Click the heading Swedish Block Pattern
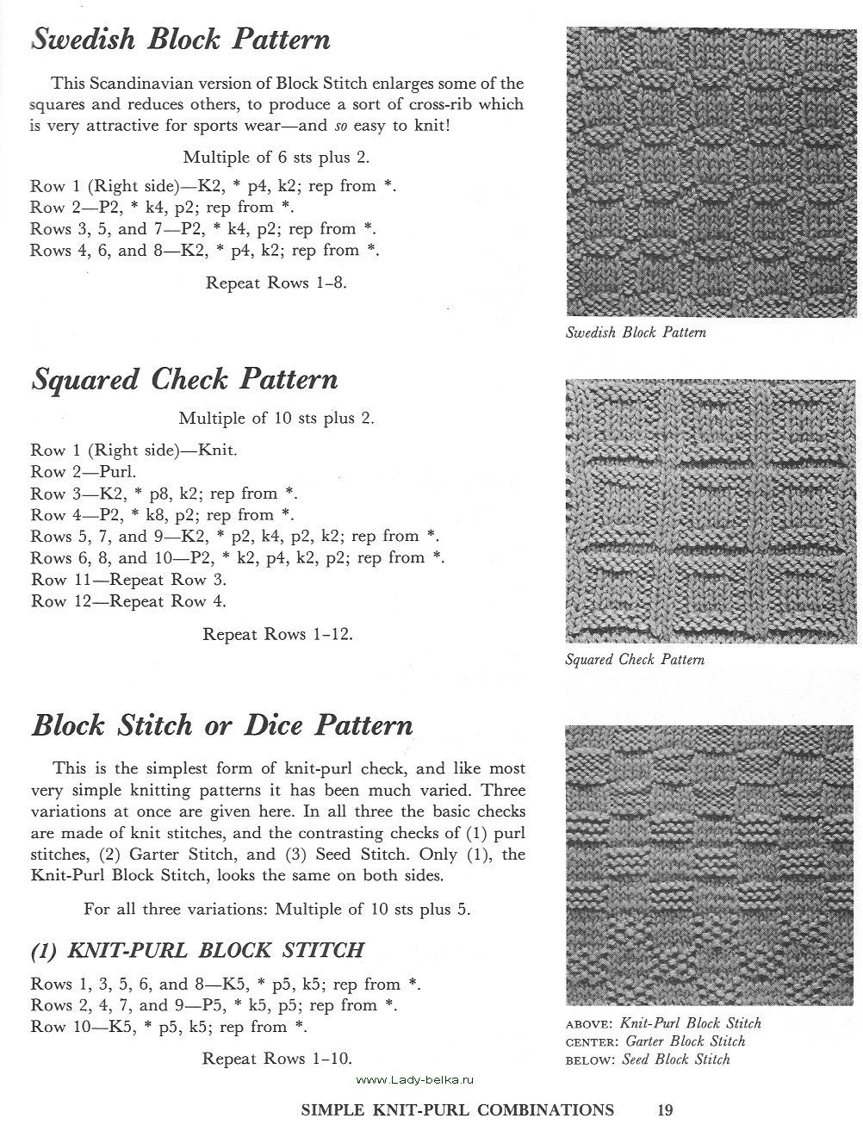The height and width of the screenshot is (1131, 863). point(181,40)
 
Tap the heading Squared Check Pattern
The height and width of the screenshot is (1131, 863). point(184,380)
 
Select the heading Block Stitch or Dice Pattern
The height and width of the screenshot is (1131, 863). point(222,725)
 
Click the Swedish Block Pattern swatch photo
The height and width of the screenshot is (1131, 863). point(711,171)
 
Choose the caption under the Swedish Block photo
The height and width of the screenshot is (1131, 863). point(636,332)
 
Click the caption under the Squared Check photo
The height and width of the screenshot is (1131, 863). point(635,660)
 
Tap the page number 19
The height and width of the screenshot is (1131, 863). point(663,1109)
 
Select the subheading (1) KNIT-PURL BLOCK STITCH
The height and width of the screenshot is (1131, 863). point(197,950)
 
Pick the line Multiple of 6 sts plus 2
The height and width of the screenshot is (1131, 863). point(276,158)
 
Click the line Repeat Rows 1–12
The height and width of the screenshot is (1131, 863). point(277,634)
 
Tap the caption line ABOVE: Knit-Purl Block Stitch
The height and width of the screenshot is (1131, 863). point(663,1023)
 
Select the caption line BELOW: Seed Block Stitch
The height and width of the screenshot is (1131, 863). point(648,1060)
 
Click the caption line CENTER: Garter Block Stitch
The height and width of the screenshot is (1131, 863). point(655,1041)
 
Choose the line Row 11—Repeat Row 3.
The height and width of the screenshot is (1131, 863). point(128,580)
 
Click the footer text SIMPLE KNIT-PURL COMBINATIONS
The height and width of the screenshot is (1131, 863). point(457,1109)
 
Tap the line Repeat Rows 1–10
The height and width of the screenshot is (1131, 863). point(277,1059)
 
